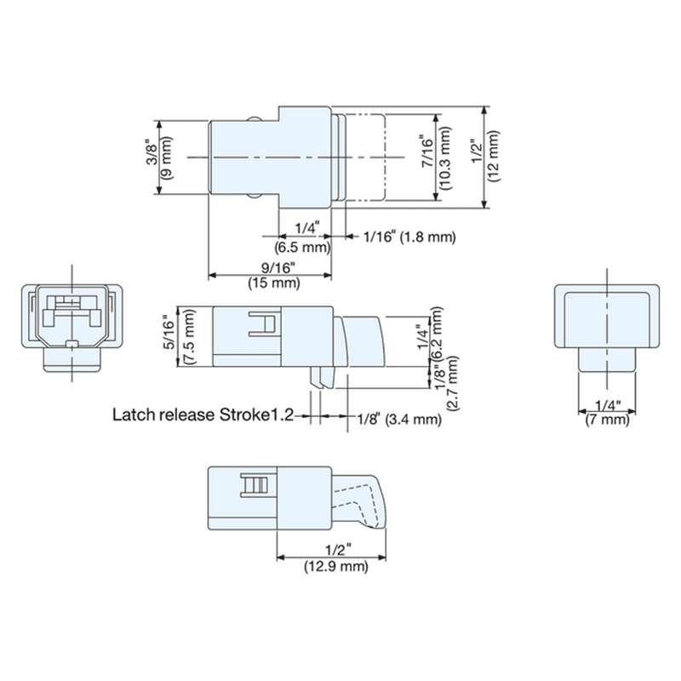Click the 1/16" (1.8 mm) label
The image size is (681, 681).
(409, 236)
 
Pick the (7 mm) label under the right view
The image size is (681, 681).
(606, 420)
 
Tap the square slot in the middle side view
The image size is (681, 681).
(263, 325)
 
